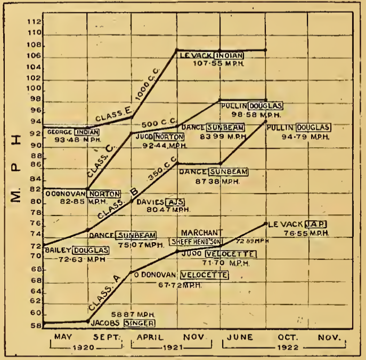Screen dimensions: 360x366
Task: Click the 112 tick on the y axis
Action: click(x=34, y=22)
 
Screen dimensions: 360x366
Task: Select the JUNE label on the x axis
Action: click(x=239, y=337)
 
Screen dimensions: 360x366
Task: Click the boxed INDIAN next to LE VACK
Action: click(x=230, y=55)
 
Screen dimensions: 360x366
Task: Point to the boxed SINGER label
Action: click(x=139, y=323)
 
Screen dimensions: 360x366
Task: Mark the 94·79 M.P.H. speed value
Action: click(x=305, y=136)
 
